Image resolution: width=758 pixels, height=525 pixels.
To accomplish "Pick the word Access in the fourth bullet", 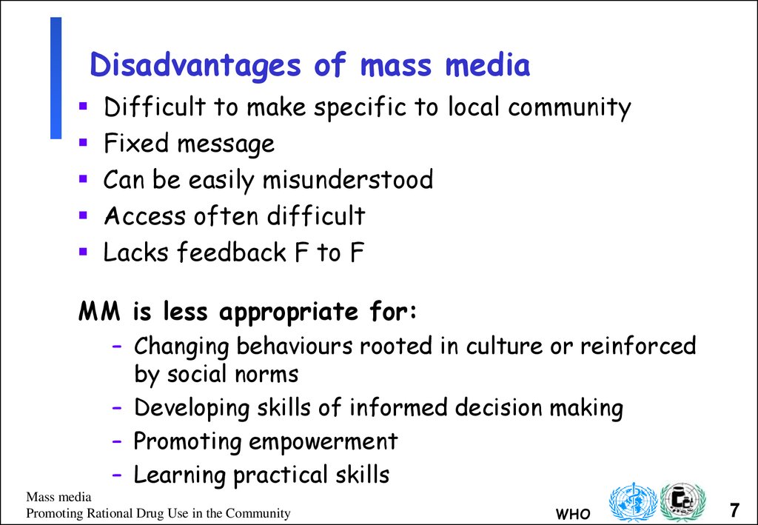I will [x=144, y=216].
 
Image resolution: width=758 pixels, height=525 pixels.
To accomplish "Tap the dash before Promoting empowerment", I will [x=118, y=442].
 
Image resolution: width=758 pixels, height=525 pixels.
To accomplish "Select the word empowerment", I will [x=323, y=442].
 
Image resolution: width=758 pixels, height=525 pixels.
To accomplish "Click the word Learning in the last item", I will [x=180, y=475].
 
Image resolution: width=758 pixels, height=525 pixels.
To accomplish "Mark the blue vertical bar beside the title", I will [x=56, y=78].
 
